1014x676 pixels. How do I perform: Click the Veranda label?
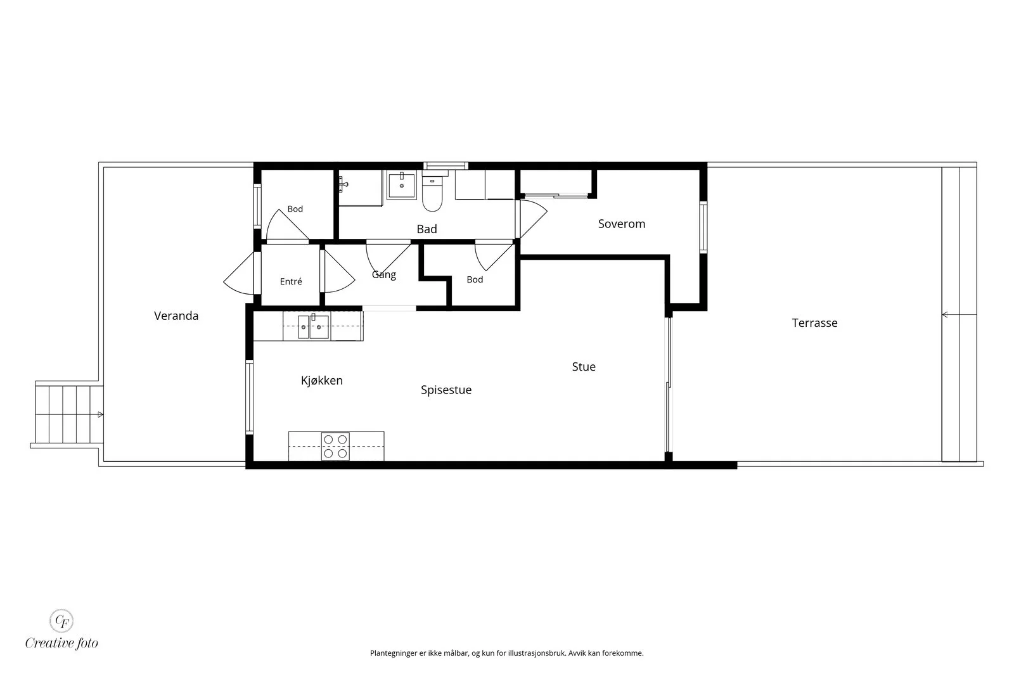click(x=176, y=316)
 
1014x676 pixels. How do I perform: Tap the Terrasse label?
click(x=814, y=323)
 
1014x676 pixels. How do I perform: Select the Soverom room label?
click(x=622, y=224)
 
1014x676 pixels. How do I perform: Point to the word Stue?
click(x=584, y=367)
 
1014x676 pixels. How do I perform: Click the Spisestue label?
click(x=446, y=390)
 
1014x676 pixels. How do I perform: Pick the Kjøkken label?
click(x=321, y=381)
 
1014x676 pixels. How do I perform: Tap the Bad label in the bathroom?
click(x=427, y=229)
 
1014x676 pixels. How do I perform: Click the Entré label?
click(x=291, y=281)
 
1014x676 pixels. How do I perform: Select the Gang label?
click(x=384, y=275)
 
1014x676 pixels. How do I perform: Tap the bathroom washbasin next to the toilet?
click(x=402, y=184)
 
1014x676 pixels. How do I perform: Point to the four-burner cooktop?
click(x=335, y=446)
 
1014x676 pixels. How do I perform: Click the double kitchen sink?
click(x=313, y=326)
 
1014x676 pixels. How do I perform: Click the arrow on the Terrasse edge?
click(x=959, y=314)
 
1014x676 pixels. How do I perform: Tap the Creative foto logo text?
click(x=61, y=643)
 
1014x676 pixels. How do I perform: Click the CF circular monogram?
click(x=61, y=621)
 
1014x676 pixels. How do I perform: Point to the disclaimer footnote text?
click(x=506, y=653)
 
